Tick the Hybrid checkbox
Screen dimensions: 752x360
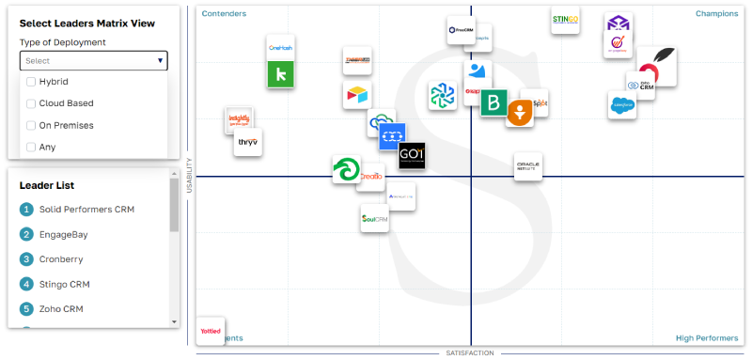(31, 82)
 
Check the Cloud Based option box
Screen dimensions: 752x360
(31, 103)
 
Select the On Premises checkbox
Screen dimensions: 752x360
(31, 125)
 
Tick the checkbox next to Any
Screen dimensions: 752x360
(31, 147)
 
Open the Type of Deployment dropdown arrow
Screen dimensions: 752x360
(161, 61)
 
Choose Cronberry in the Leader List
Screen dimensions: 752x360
(64, 258)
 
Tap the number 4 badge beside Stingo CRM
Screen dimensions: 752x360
(26, 283)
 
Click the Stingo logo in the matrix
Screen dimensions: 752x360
(565, 20)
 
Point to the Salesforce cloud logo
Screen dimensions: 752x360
(621, 105)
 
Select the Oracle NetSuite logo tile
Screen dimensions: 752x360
(527, 167)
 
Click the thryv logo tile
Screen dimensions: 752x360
(248, 142)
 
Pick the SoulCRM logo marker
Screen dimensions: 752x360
(374, 218)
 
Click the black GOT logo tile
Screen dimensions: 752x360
(412, 156)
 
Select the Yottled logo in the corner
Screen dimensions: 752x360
(211, 331)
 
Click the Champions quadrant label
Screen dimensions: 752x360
(716, 13)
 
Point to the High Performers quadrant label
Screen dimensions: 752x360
(707, 337)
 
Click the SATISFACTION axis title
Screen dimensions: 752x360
(469, 353)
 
